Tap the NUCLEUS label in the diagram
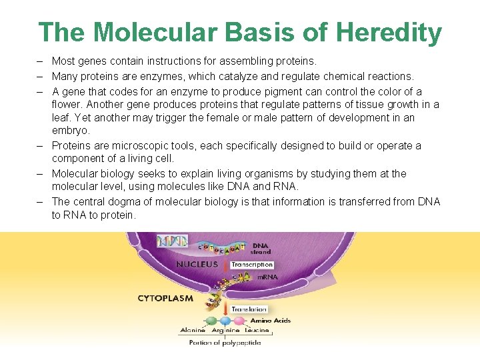click(197, 264)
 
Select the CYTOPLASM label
click(165, 299)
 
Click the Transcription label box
click(252, 265)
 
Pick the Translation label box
click(249, 309)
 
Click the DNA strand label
click(261, 248)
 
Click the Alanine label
click(193, 331)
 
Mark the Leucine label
click(257, 331)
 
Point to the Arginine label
click(225, 331)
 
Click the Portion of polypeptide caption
click(225, 343)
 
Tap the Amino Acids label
click(270, 321)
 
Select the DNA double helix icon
click(172, 241)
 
